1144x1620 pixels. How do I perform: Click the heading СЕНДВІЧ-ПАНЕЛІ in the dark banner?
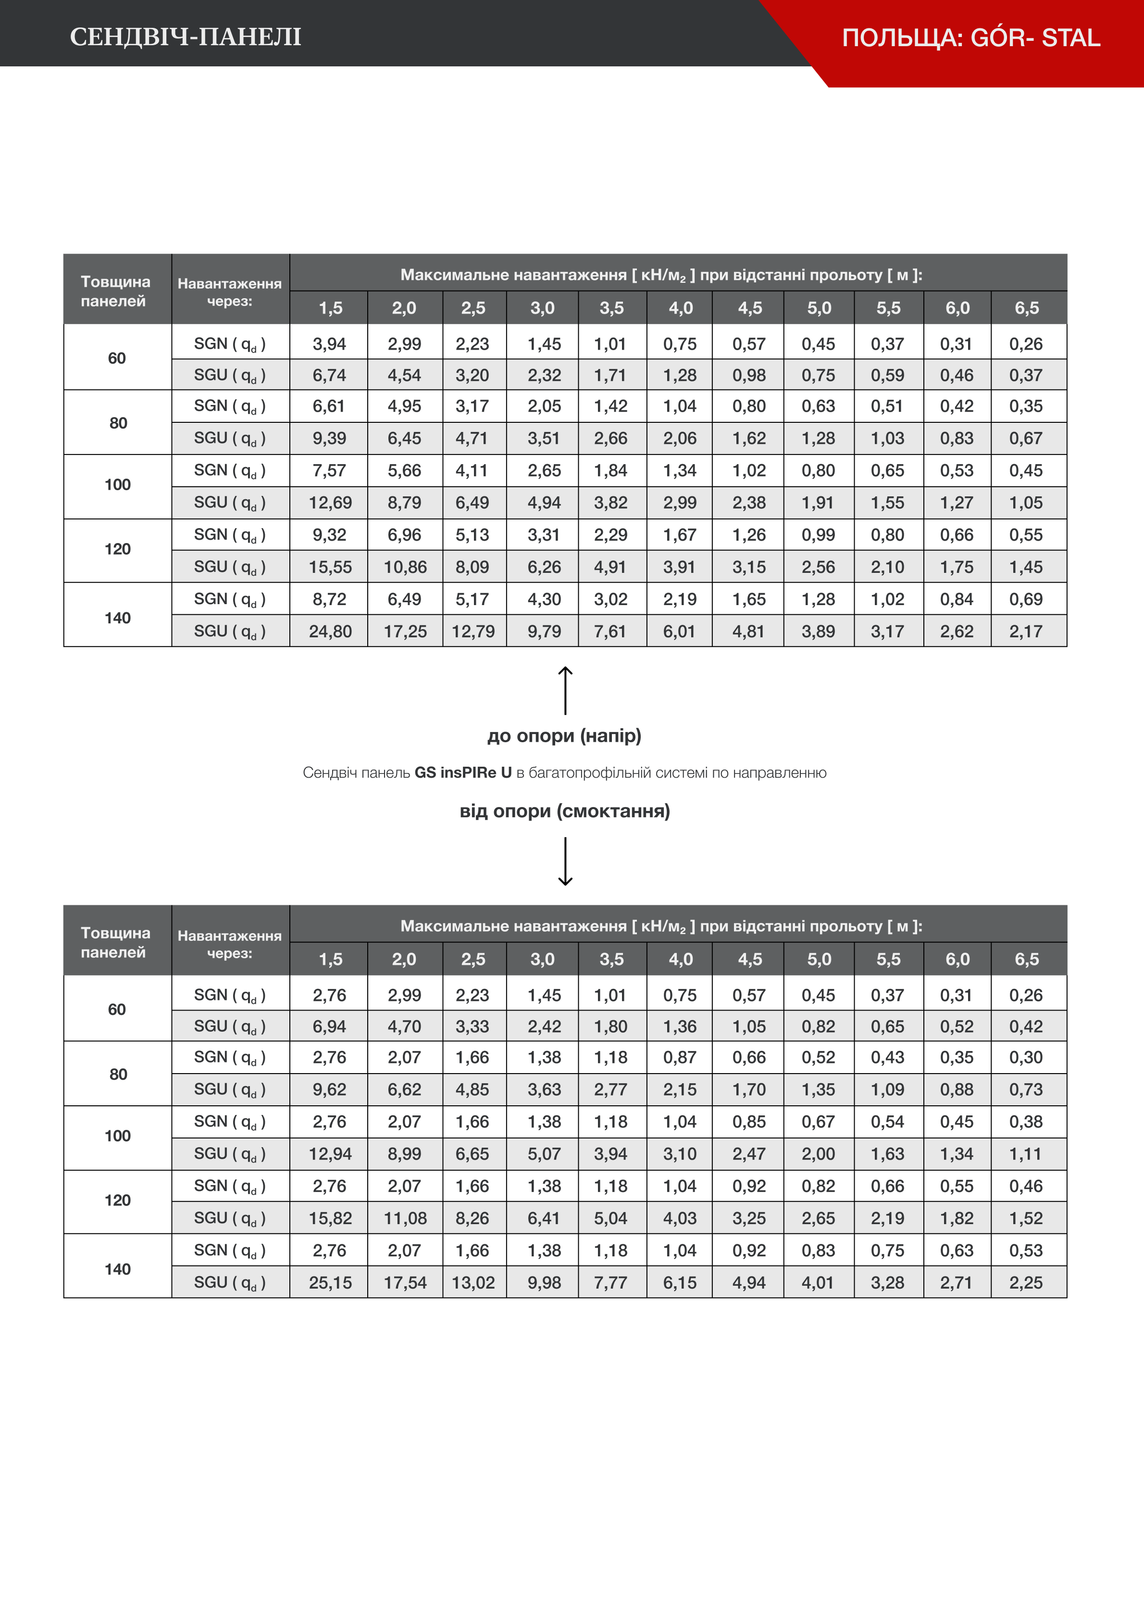click(x=186, y=37)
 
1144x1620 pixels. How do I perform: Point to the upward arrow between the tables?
click(x=565, y=690)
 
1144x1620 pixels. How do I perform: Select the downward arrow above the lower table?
click(x=565, y=861)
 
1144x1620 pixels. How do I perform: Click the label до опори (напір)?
click(x=564, y=736)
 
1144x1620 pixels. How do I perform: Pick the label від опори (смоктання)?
click(x=564, y=810)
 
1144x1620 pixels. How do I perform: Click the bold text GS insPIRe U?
click(x=463, y=772)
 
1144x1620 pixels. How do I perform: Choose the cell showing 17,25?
click(x=405, y=632)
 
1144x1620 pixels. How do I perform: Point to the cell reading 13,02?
click(x=473, y=1283)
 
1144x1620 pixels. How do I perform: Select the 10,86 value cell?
click(x=405, y=567)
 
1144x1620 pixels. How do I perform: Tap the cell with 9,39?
click(x=329, y=438)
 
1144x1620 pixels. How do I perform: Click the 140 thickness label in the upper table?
click(x=118, y=618)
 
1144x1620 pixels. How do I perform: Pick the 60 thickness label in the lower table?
click(x=117, y=1010)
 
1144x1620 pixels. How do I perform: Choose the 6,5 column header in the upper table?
click(x=1027, y=308)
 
